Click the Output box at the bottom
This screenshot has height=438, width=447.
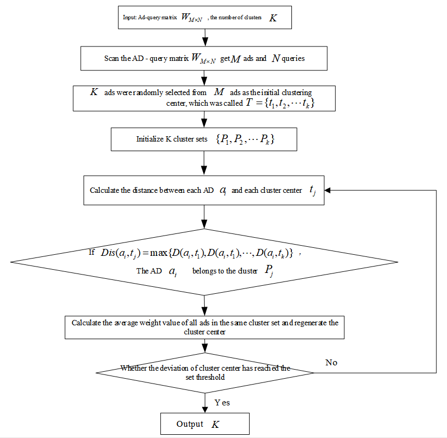pos(205,424)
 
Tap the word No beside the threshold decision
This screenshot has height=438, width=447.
pos(332,363)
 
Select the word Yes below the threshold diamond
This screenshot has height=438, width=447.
pos(222,402)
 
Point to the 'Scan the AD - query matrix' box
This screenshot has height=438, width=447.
pos(204,58)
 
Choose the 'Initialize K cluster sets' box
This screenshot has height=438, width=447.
pos(204,140)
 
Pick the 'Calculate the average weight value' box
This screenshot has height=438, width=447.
pos(204,327)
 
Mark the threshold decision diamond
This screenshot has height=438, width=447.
pos(205,372)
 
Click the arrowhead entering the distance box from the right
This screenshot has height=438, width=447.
pos(328,191)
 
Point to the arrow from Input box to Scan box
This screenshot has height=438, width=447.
pos(205,37)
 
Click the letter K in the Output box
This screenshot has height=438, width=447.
pos(215,424)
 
